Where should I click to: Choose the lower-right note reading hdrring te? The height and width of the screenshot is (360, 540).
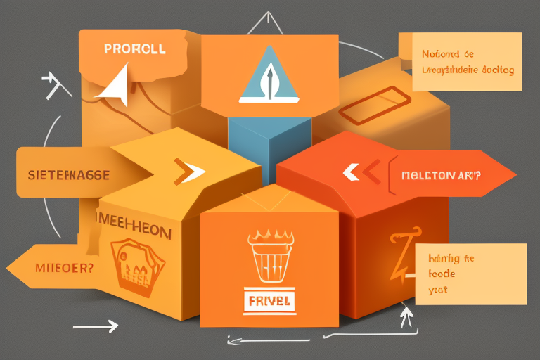(469, 274)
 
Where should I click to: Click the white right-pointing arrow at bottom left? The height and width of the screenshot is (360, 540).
(96, 326)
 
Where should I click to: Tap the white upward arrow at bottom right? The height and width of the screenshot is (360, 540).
(406, 317)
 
